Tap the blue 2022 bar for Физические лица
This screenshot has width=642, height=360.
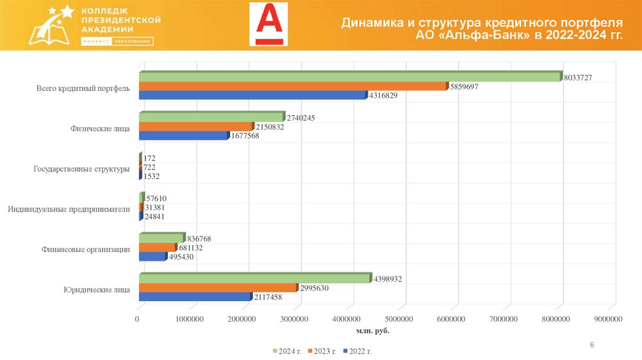(x=182, y=135)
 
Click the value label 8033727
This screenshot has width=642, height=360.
(x=578, y=77)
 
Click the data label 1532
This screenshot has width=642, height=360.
(x=152, y=177)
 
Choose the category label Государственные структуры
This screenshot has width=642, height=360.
(x=81, y=169)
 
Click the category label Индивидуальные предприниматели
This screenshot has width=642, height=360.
(x=69, y=209)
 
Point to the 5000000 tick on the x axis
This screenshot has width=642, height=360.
(x=401, y=319)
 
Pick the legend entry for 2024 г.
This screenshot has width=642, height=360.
(x=288, y=351)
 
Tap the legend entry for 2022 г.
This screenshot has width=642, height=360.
(x=358, y=351)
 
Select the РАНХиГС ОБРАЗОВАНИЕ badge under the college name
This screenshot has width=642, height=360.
(x=117, y=41)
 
